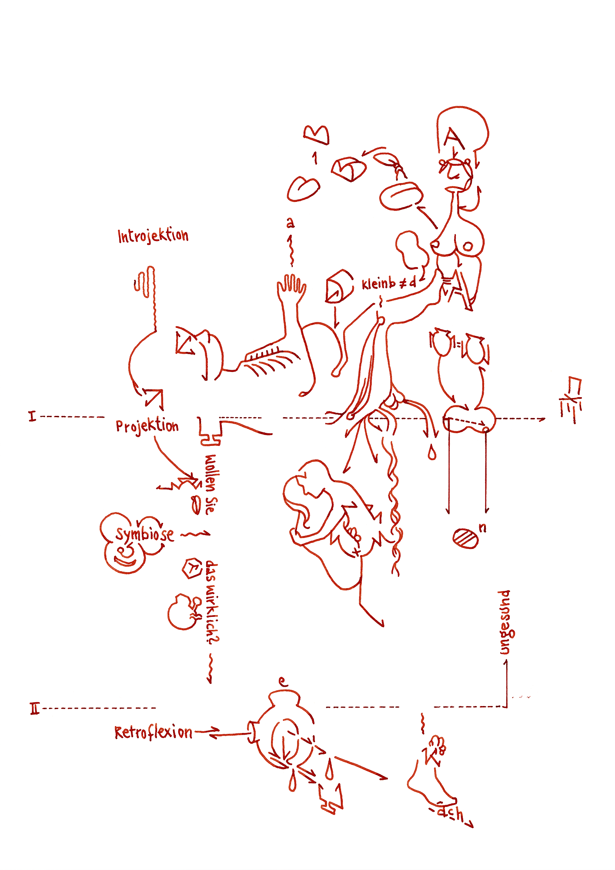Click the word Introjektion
153,236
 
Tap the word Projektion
147,426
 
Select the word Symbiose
144,534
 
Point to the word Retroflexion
153,733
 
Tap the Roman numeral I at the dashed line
32,416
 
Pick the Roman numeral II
35,709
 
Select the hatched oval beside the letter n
465,538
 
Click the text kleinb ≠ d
389,284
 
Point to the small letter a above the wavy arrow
290,223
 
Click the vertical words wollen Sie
211,484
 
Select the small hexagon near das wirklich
191,568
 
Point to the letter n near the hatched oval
482,528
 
